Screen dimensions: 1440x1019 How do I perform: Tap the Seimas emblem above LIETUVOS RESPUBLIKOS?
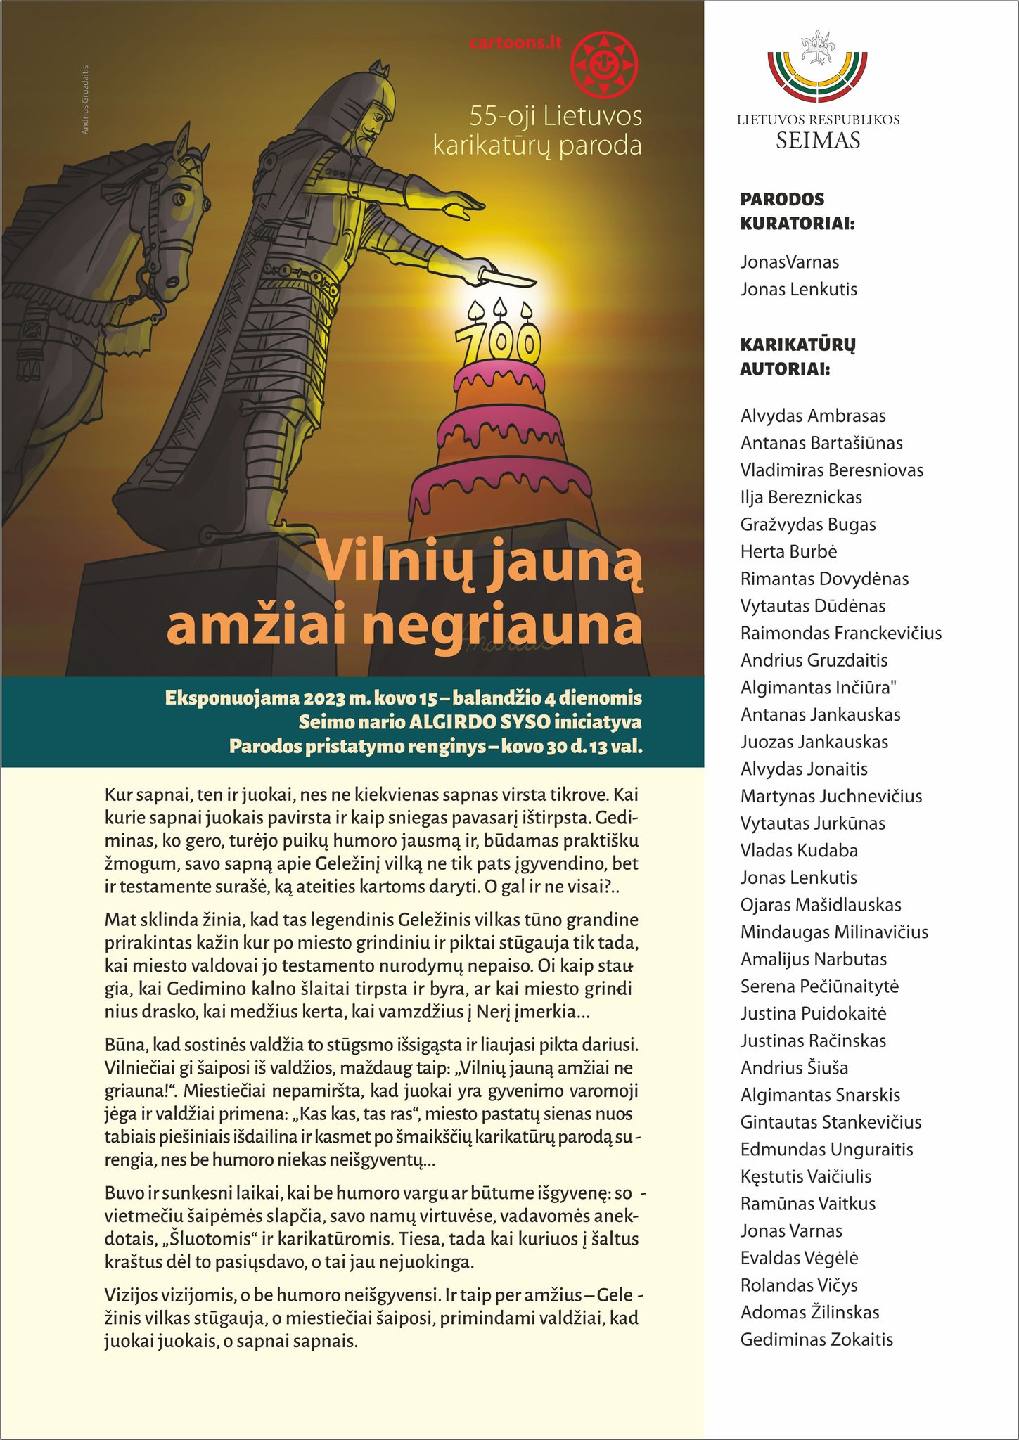(x=817, y=67)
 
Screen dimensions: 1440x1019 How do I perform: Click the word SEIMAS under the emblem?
(x=818, y=141)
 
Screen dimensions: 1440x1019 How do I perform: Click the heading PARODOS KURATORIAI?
(x=797, y=212)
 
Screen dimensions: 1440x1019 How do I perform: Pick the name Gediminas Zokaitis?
(x=816, y=1339)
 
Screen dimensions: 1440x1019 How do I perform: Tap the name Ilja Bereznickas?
(x=801, y=497)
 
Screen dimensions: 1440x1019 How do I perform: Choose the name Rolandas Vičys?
(x=799, y=1285)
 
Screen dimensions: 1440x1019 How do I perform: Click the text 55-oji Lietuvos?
(x=556, y=117)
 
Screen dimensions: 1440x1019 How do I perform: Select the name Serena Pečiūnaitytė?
(x=819, y=986)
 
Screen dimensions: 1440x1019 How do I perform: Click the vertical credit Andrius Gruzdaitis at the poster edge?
(x=85, y=99)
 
